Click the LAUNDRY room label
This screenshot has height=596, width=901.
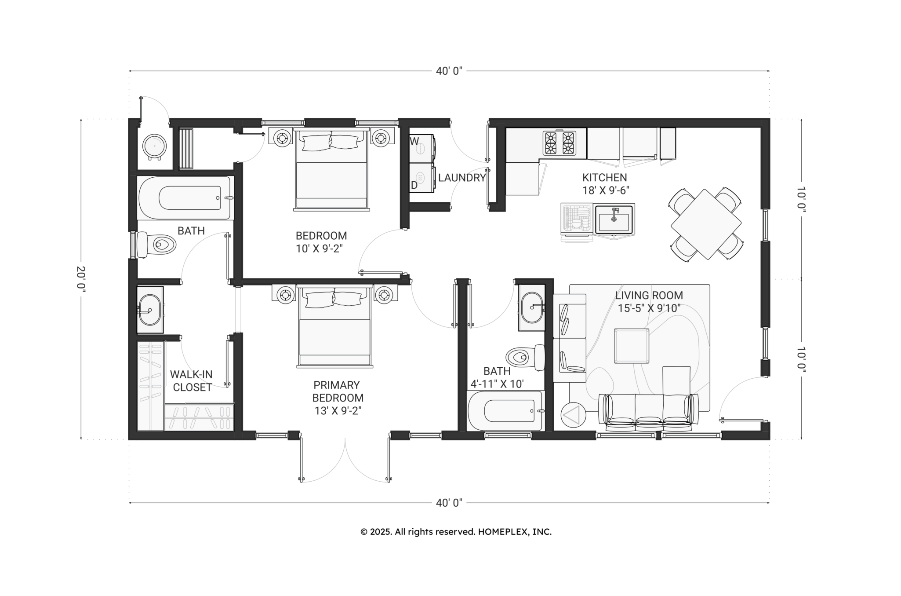(461, 178)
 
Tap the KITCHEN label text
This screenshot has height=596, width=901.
(604, 178)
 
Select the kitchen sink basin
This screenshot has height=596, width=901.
(614, 219)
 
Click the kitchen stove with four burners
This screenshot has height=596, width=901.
(559, 143)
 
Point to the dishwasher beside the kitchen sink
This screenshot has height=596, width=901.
(577, 219)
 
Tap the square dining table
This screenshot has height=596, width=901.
(706, 224)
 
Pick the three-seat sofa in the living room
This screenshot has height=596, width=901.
(649, 412)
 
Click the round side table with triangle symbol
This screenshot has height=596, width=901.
(573, 415)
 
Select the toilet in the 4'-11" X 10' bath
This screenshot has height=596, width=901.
(525, 357)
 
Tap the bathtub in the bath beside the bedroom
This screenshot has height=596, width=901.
(184, 198)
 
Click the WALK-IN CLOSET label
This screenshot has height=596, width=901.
(191, 381)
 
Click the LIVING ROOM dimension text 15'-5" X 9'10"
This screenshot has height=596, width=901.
(649, 308)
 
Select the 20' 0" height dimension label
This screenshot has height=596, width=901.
(81, 279)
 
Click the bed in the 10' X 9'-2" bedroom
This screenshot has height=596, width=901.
(331, 169)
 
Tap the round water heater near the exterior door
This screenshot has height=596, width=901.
(154, 145)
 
